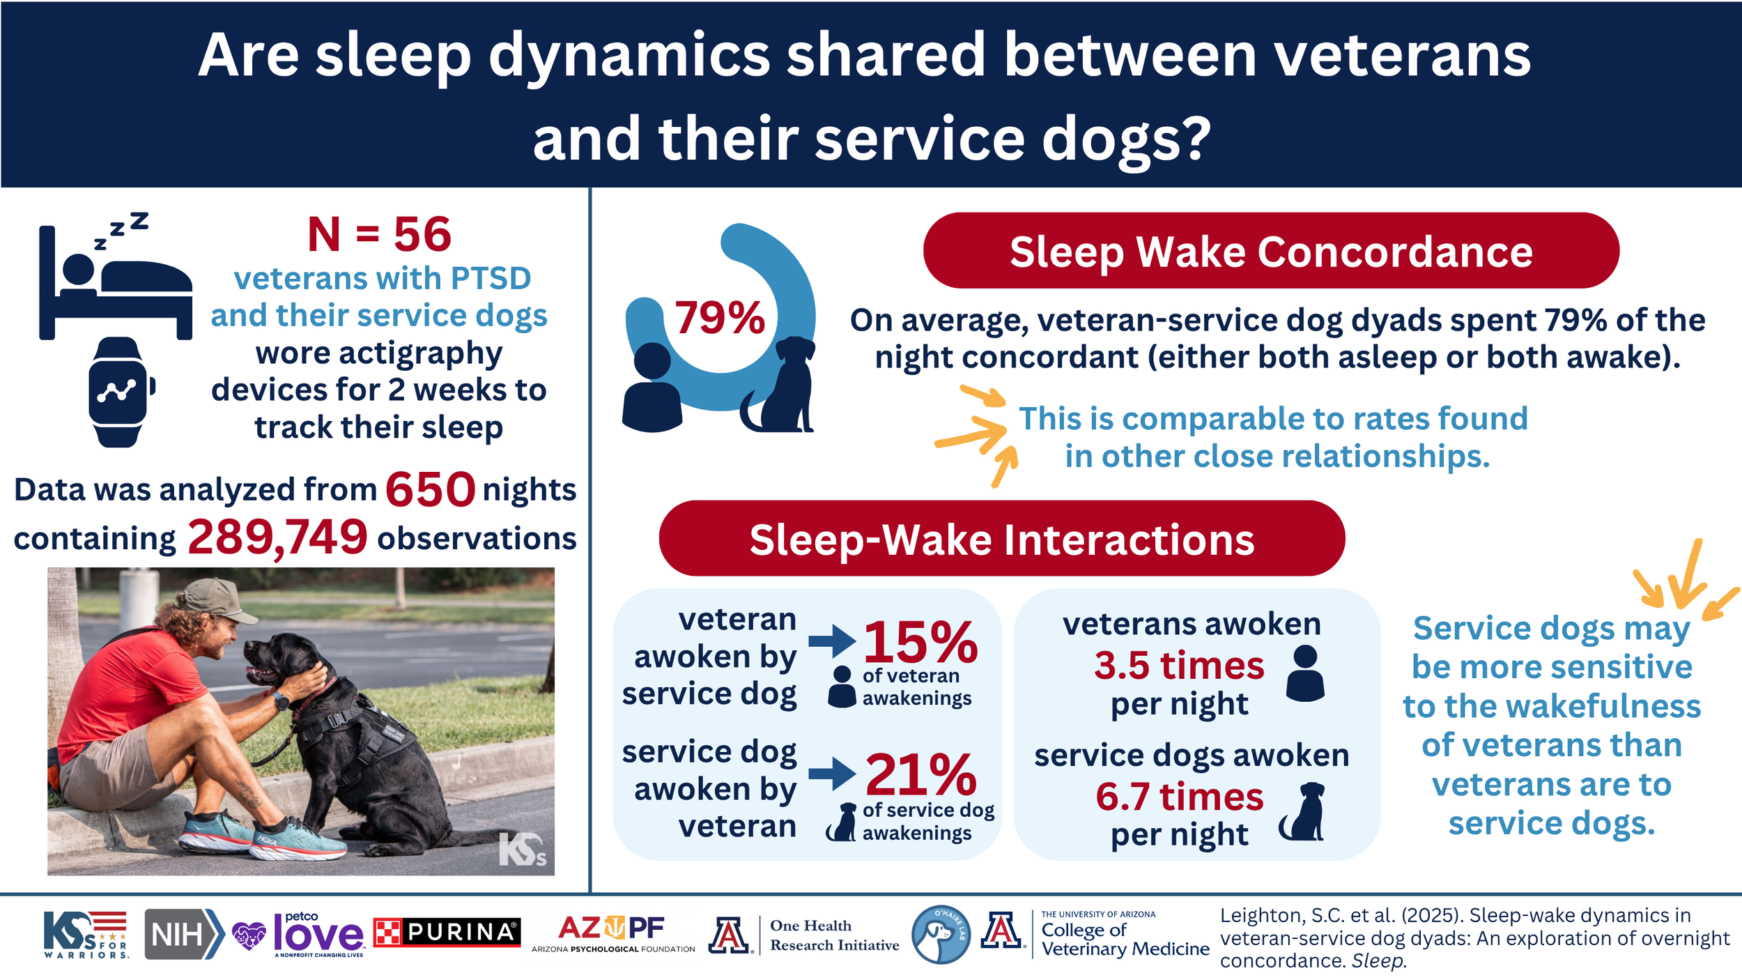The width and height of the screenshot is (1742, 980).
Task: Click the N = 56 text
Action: (x=379, y=234)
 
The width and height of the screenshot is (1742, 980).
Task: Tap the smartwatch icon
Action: (x=118, y=392)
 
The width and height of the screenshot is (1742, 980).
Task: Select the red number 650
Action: (x=430, y=489)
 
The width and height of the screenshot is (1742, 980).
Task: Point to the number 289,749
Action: (x=277, y=537)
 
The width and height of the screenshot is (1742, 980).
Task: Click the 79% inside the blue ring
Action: (x=719, y=319)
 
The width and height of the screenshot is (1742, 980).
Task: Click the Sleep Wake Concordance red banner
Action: (x=1270, y=251)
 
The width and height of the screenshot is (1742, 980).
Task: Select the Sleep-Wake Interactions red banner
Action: (x=1001, y=539)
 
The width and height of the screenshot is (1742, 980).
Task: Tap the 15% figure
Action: (x=920, y=643)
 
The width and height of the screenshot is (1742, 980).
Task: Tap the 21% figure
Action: (x=920, y=774)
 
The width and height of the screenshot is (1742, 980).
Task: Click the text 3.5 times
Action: (x=1178, y=665)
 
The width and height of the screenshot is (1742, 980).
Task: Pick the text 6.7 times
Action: (x=1179, y=796)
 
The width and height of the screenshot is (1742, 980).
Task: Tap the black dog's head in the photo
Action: (x=279, y=659)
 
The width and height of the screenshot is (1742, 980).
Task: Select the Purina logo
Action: (x=447, y=932)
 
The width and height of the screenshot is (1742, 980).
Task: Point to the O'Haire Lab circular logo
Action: (x=940, y=935)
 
